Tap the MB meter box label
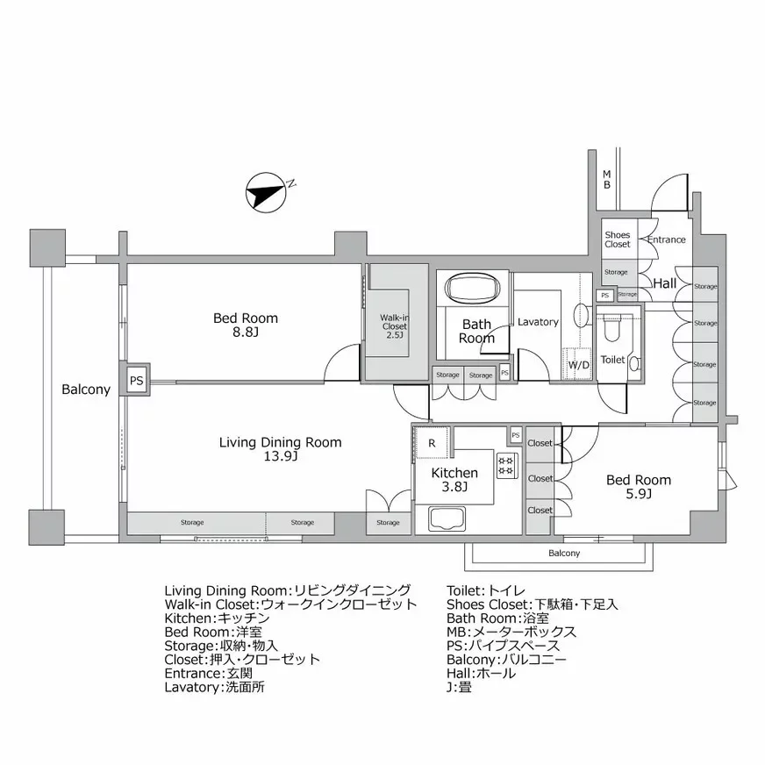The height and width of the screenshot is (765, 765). click(606, 179)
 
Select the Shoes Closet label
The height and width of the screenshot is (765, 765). click(618, 240)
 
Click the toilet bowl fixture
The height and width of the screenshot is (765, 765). click(612, 328)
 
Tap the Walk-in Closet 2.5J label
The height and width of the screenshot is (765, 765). click(395, 325)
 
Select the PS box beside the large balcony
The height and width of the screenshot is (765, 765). click(136, 381)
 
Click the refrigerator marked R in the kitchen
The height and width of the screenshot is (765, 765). click(432, 443)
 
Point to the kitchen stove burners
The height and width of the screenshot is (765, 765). click(506, 466)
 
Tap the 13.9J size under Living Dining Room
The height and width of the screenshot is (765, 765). click(281, 457)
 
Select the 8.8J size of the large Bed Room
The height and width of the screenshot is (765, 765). click(246, 332)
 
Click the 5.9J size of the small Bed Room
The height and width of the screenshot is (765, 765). click(639, 495)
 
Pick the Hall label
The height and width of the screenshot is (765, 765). click(664, 283)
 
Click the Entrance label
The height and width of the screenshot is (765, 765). click(666, 240)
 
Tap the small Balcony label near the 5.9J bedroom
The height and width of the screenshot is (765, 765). click(564, 554)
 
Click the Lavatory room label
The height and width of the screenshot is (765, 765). click(538, 322)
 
